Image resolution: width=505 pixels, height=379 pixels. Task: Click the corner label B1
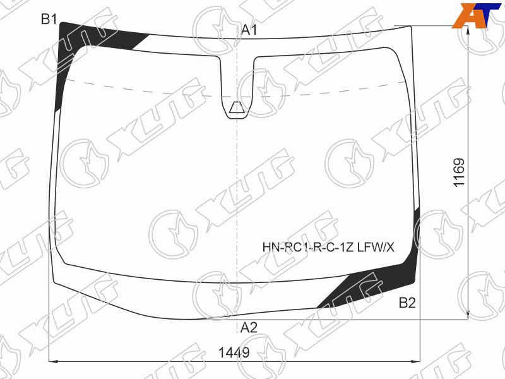point(49,20)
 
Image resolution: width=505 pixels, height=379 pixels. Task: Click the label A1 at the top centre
point(249,30)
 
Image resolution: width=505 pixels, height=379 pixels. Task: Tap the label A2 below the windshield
point(249,327)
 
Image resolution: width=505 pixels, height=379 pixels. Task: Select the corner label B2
point(407,303)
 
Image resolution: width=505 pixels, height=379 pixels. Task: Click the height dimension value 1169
point(459,172)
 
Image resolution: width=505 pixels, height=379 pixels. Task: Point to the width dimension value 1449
point(234,352)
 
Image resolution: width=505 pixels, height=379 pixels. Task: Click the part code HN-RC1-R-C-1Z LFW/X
point(328,247)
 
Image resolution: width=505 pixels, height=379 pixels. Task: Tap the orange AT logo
point(476,15)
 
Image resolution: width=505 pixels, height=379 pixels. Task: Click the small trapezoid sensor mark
point(237,107)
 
